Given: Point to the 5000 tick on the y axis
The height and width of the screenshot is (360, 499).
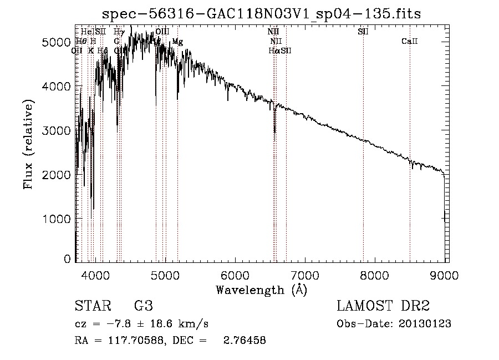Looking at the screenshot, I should (x=56, y=42).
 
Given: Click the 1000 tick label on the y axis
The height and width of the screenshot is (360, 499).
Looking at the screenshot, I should (x=56, y=219).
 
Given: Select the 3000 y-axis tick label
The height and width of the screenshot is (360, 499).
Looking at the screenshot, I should (x=56, y=130).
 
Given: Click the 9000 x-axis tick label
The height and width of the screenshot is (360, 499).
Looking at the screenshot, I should (x=444, y=275).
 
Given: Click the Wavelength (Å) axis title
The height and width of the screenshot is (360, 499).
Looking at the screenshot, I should (x=261, y=290).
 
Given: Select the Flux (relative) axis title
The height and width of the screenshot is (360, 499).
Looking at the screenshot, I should (x=29, y=144).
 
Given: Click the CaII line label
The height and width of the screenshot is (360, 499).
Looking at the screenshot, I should (x=410, y=42).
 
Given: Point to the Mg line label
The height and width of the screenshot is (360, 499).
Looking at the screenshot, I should (x=177, y=42).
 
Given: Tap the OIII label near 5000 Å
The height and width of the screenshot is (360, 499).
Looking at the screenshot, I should (x=162, y=32).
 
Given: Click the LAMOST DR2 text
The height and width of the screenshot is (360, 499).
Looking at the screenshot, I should (x=383, y=306).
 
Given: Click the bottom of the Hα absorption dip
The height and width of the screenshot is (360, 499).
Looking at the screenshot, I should (x=274, y=132).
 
